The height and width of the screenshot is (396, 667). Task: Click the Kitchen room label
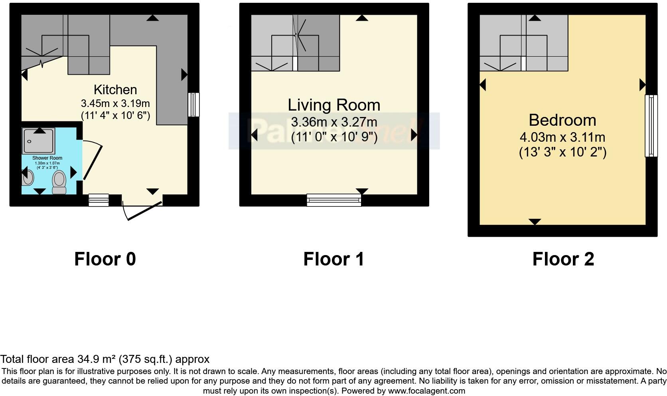click(x=115, y=89)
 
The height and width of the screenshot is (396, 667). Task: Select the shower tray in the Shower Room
click(x=39, y=141)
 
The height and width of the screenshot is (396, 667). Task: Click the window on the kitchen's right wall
click(x=193, y=105)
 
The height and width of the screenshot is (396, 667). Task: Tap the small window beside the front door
click(x=99, y=200)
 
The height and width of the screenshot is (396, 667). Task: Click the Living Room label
click(x=334, y=105)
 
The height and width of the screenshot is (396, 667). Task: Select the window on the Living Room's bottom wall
click(x=334, y=200)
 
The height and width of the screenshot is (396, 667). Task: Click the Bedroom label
click(x=562, y=120)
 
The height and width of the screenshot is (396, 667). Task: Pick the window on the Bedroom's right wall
click(x=651, y=126)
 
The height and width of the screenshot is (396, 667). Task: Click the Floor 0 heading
click(x=105, y=259)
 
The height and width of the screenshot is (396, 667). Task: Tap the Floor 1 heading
click(x=333, y=259)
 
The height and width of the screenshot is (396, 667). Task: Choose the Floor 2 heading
click(x=563, y=259)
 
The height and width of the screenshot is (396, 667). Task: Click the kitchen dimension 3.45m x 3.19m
click(x=115, y=103)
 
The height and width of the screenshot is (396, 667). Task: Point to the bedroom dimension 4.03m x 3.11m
click(x=562, y=137)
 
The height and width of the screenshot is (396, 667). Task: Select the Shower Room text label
click(x=47, y=158)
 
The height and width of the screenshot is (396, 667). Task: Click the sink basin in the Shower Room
click(x=27, y=178)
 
